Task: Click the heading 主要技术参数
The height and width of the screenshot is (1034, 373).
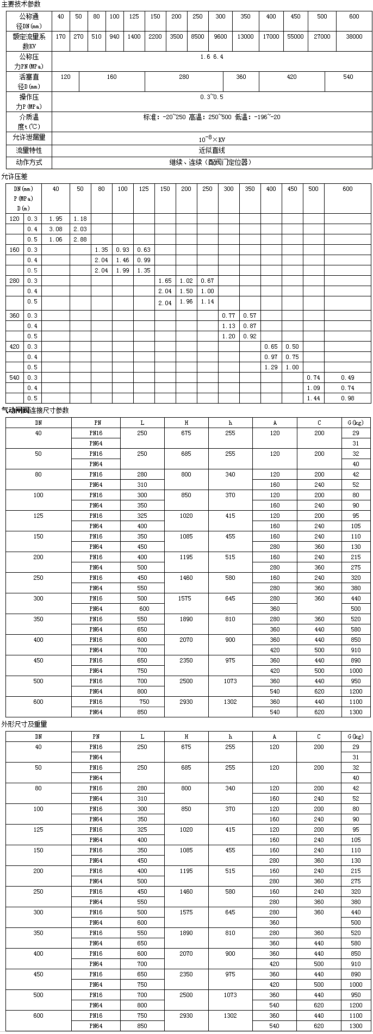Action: (x=21, y=4)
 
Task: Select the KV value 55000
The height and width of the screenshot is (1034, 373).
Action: (x=295, y=36)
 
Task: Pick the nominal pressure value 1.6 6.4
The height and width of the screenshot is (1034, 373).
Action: (x=212, y=57)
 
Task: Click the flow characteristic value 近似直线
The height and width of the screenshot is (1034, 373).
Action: (x=212, y=150)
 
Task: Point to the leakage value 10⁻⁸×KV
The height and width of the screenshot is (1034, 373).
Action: (x=212, y=139)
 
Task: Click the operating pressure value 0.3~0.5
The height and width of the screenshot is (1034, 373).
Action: (x=212, y=97)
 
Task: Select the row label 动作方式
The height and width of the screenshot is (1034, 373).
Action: (x=29, y=162)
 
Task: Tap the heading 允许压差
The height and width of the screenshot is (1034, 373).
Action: (x=14, y=176)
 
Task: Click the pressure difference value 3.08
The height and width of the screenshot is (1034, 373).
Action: (x=56, y=229)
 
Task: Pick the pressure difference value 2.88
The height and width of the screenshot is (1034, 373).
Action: (x=80, y=239)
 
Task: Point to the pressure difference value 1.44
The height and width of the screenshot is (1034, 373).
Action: (x=313, y=398)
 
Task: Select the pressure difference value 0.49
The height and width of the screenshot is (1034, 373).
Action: (x=347, y=377)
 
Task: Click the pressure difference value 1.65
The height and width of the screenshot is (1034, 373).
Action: (x=165, y=281)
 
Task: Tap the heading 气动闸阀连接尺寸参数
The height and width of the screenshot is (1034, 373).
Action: (x=35, y=410)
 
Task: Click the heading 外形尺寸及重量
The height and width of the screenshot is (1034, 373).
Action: (x=24, y=724)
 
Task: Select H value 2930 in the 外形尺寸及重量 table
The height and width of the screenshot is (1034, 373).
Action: (x=186, y=1016)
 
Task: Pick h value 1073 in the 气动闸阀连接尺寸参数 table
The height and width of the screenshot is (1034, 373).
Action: (x=230, y=681)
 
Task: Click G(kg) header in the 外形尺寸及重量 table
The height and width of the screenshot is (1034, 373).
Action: (x=356, y=736)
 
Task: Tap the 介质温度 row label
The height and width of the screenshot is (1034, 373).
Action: (x=29, y=121)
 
